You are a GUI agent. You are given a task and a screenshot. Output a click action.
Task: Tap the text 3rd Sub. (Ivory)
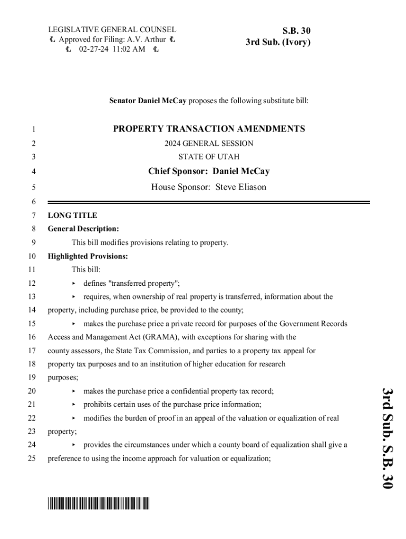coord(278,42)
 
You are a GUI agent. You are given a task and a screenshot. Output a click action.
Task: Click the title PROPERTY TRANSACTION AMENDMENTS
coord(209,129)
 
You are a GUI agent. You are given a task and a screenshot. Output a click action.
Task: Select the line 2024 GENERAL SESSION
coord(209,143)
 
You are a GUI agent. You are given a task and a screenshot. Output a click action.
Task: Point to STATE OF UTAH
coord(209,157)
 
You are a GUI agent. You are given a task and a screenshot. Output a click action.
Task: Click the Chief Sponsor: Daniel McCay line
coord(209,171)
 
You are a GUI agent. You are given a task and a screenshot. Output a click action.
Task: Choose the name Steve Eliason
coord(241,187)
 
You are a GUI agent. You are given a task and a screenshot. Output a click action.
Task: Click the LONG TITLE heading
coord(72,215)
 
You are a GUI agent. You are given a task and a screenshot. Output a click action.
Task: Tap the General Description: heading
coord(83,229)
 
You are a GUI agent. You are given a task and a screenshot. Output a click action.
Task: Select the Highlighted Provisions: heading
coord(88,256)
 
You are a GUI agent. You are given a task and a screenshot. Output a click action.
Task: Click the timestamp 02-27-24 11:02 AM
coord(112,50)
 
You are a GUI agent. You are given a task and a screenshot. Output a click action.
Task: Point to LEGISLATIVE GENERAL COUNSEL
coord(112,30)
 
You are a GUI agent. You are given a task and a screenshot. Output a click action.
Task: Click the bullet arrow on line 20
coord(74,391)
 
